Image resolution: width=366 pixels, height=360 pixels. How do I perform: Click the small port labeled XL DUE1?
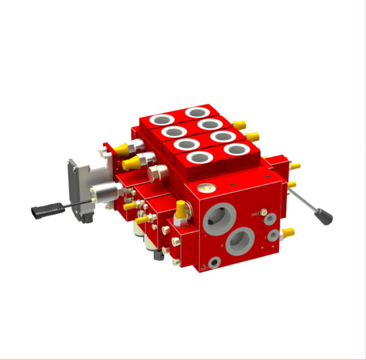(214, 262)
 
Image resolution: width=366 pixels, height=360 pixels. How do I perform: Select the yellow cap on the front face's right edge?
(288, 232)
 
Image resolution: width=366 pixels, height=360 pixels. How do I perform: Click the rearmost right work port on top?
(197, 112)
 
